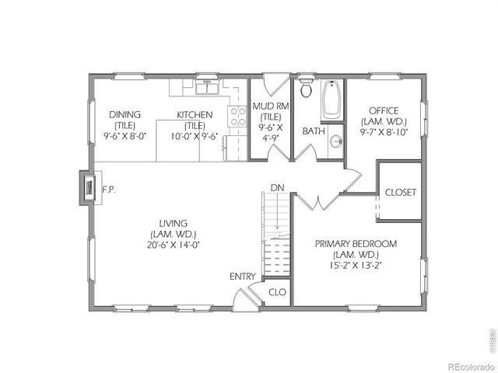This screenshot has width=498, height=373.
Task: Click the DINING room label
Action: tap(124, 114)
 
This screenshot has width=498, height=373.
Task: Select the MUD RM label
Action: tap(270, 107)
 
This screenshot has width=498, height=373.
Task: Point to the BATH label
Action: tap(314, 131)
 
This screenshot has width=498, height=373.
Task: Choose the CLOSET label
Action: tap(401, 192)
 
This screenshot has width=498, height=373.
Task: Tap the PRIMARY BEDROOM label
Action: tap(356, 244)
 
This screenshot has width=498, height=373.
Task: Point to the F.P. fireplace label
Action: tap(109, 189)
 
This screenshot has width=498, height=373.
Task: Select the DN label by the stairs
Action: tap(277, 187)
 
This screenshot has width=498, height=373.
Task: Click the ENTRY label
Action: tap(242, 277)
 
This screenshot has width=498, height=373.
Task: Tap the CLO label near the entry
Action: tap(277, 293)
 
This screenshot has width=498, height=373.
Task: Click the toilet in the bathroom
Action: tap(306, 88)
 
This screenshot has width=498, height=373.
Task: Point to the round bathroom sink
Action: tap(335, 141)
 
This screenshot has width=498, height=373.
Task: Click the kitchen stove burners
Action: tap(237, 116)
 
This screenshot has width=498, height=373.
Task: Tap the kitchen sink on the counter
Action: tap(206, 86)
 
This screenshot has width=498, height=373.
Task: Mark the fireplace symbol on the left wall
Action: tap(89, 187)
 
